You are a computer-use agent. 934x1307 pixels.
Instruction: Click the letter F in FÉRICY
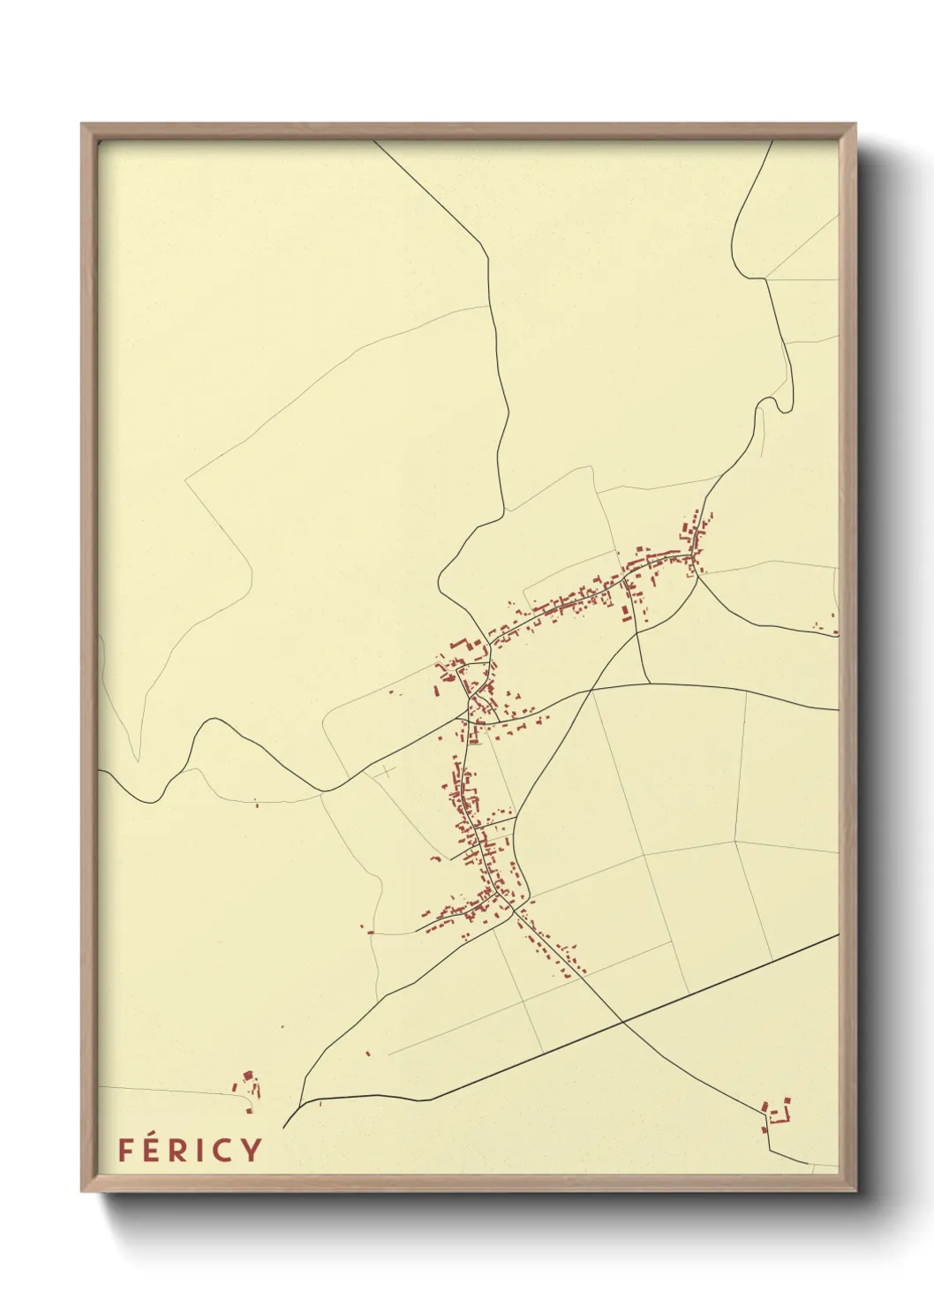125,1150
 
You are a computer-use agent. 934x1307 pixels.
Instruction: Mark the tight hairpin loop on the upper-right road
773,404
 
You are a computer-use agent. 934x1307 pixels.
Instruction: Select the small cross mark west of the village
387,771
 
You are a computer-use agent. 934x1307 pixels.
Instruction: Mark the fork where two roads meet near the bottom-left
302,1104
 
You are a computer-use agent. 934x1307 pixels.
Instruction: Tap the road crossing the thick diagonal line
624,1021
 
